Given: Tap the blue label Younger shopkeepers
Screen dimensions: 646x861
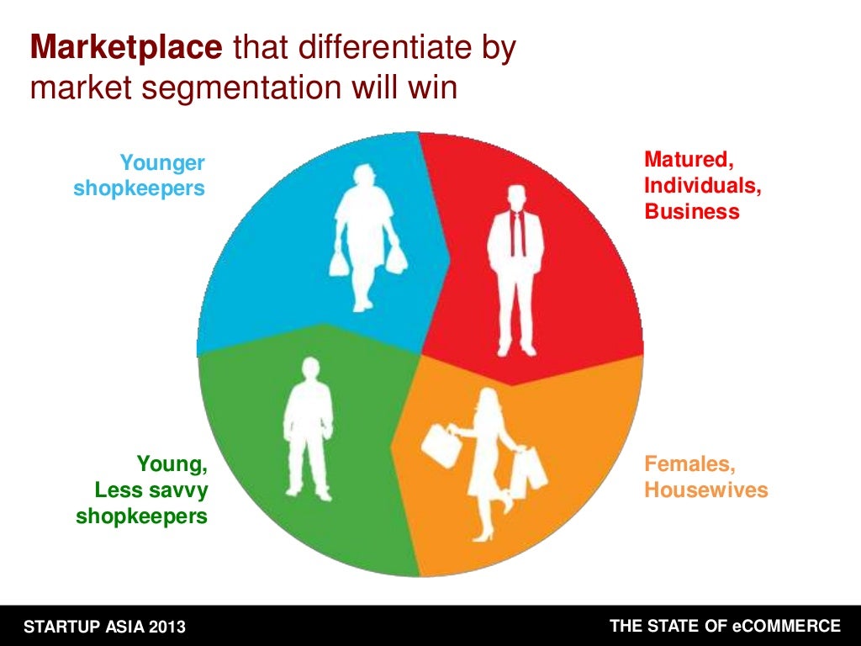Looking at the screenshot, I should coord(140,175).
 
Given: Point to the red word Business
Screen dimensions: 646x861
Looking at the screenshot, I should coord(692,211).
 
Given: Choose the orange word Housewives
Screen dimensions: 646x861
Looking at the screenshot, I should coord(706,490).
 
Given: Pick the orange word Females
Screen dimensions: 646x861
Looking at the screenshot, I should coord(683,463).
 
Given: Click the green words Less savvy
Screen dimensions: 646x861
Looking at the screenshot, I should coord(151,490).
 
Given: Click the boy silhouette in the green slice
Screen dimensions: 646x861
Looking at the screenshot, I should coord(308,429).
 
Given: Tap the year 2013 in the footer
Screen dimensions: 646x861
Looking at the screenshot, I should coord(166,627).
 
